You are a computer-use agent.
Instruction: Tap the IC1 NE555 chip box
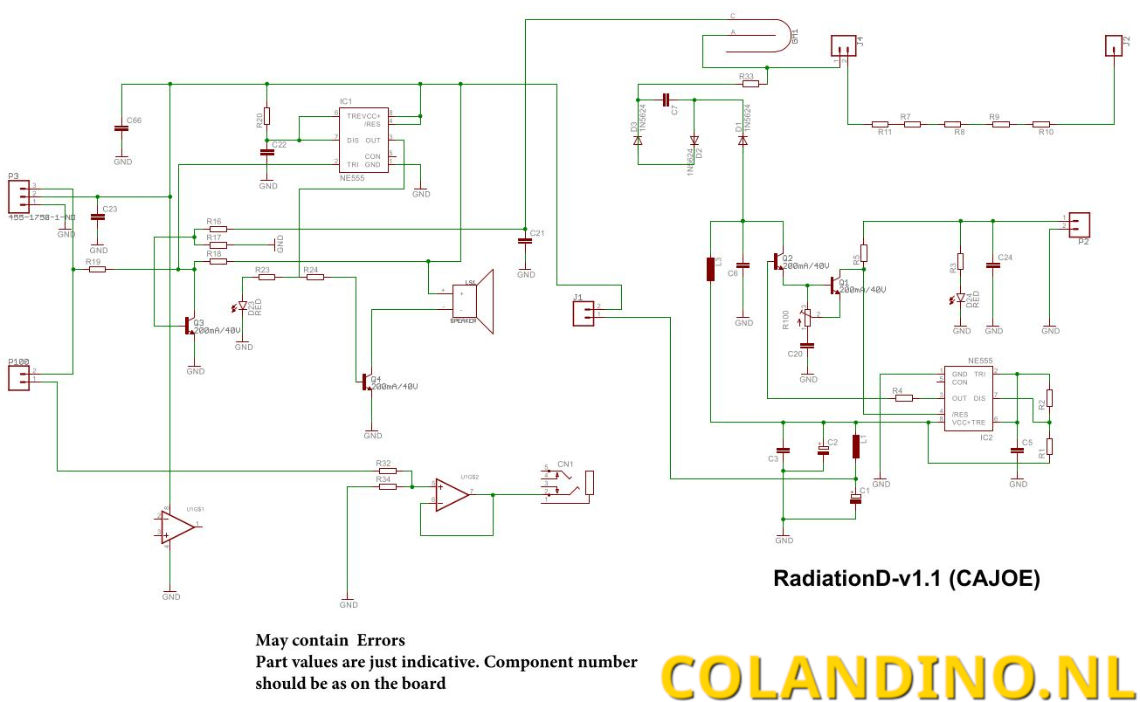(363, 140)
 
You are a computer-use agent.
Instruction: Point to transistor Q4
(367, 382)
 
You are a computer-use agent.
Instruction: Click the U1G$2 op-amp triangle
(452, 494)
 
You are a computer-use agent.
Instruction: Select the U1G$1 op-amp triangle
(177, 526)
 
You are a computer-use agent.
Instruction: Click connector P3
(19, 194)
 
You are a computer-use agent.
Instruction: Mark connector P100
(19, 377)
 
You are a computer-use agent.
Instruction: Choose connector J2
(1113, 45)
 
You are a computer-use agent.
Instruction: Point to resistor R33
(749, 85)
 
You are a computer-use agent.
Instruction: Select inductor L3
(710, 269)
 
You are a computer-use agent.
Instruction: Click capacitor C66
(122, 128)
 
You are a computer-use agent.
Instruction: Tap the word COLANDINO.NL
(898, 675)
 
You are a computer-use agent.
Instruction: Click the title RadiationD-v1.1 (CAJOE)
(907, 578)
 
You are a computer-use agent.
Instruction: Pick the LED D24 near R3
(961, 299)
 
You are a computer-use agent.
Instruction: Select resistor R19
(97, 269)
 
